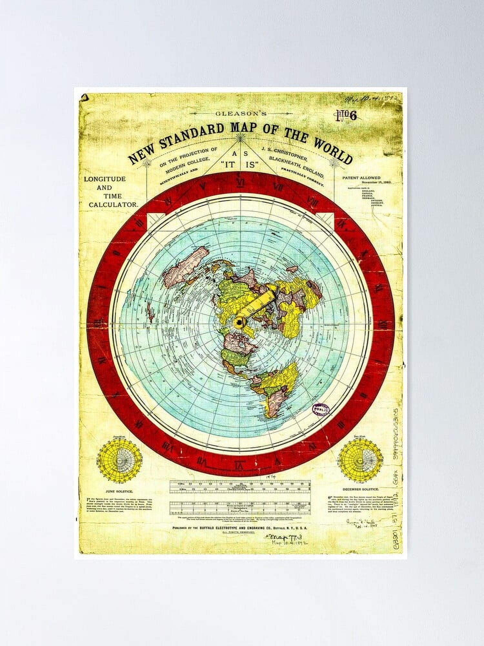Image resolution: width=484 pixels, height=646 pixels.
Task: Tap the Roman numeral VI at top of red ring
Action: pyautogui.click(x=240, y=183)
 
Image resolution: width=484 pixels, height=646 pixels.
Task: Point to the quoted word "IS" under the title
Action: pyautogui.click(x=251, y=165)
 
